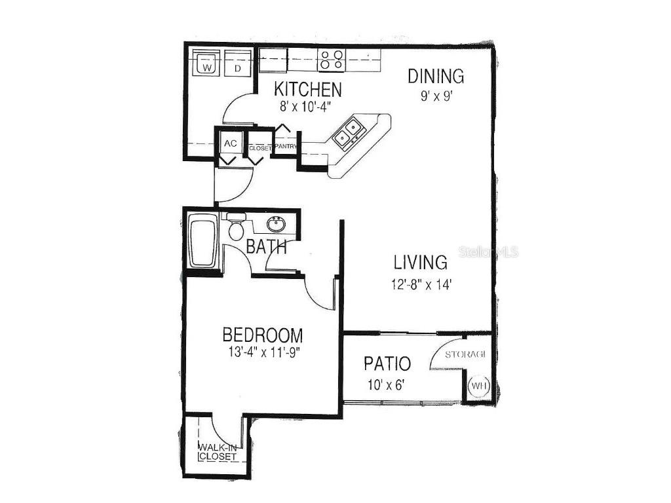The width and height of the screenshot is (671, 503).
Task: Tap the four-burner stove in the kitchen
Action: [x=331, y=60]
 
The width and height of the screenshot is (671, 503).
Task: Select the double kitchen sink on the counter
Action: [x=347, y=132]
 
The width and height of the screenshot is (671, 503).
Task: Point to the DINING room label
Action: [x=436, y=76]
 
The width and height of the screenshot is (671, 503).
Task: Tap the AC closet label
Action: [x=230, y=143]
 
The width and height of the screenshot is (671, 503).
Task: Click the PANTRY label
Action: [x=286, y=147]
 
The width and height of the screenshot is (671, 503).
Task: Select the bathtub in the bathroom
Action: [x=202, y=242]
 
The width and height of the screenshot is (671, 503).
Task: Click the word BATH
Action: [x=266, y=248]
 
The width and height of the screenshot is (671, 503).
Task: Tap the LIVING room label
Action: [x=421, y=263]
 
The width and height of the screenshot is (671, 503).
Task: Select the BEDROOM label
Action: [x=263, y=335]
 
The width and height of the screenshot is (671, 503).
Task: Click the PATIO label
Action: [x=387, y=363]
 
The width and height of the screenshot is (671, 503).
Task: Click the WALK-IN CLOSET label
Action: [x=217, y=452]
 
